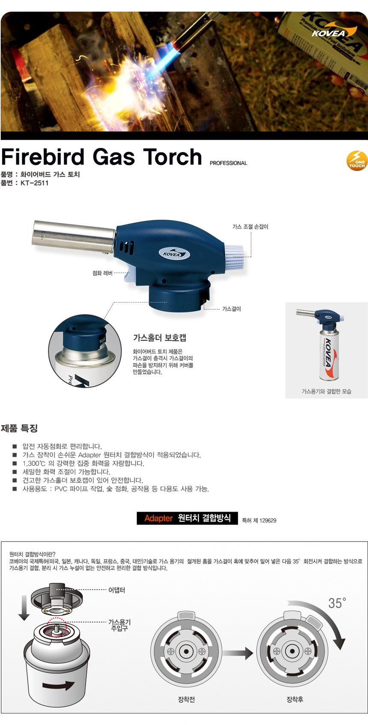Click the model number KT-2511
click(x=35, y=183)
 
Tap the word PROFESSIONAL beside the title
click(x=229, y=163)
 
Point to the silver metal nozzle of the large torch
click(x=73, y=236)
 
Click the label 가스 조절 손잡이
click(x=250, y=227)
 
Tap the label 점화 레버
click(x=102, y=273)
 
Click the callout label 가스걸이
click(x=231, y=309)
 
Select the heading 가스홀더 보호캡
click(x=160, y=338)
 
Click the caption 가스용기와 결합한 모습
click(x=326, y=391)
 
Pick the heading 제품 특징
click(x=19, y=428)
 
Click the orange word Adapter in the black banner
click(x=158, y=518)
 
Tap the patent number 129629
click(x=267, y=521)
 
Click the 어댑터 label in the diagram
click(x=116, y=590)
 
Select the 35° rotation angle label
click(x=337, y=603)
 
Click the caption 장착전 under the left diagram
click(x=186, y=699)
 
